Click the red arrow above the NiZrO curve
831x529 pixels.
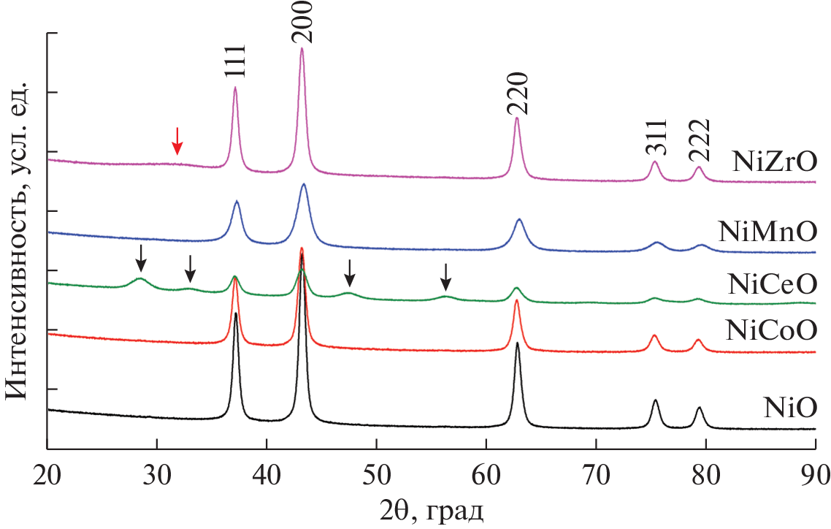176,140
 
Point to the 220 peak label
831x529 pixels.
516,94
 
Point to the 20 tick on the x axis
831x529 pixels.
47,468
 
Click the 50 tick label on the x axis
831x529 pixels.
376,468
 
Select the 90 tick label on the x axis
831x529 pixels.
814,468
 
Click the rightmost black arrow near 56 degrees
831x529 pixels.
446,275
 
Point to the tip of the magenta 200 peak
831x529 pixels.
302,49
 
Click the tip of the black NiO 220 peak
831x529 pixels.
517,343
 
